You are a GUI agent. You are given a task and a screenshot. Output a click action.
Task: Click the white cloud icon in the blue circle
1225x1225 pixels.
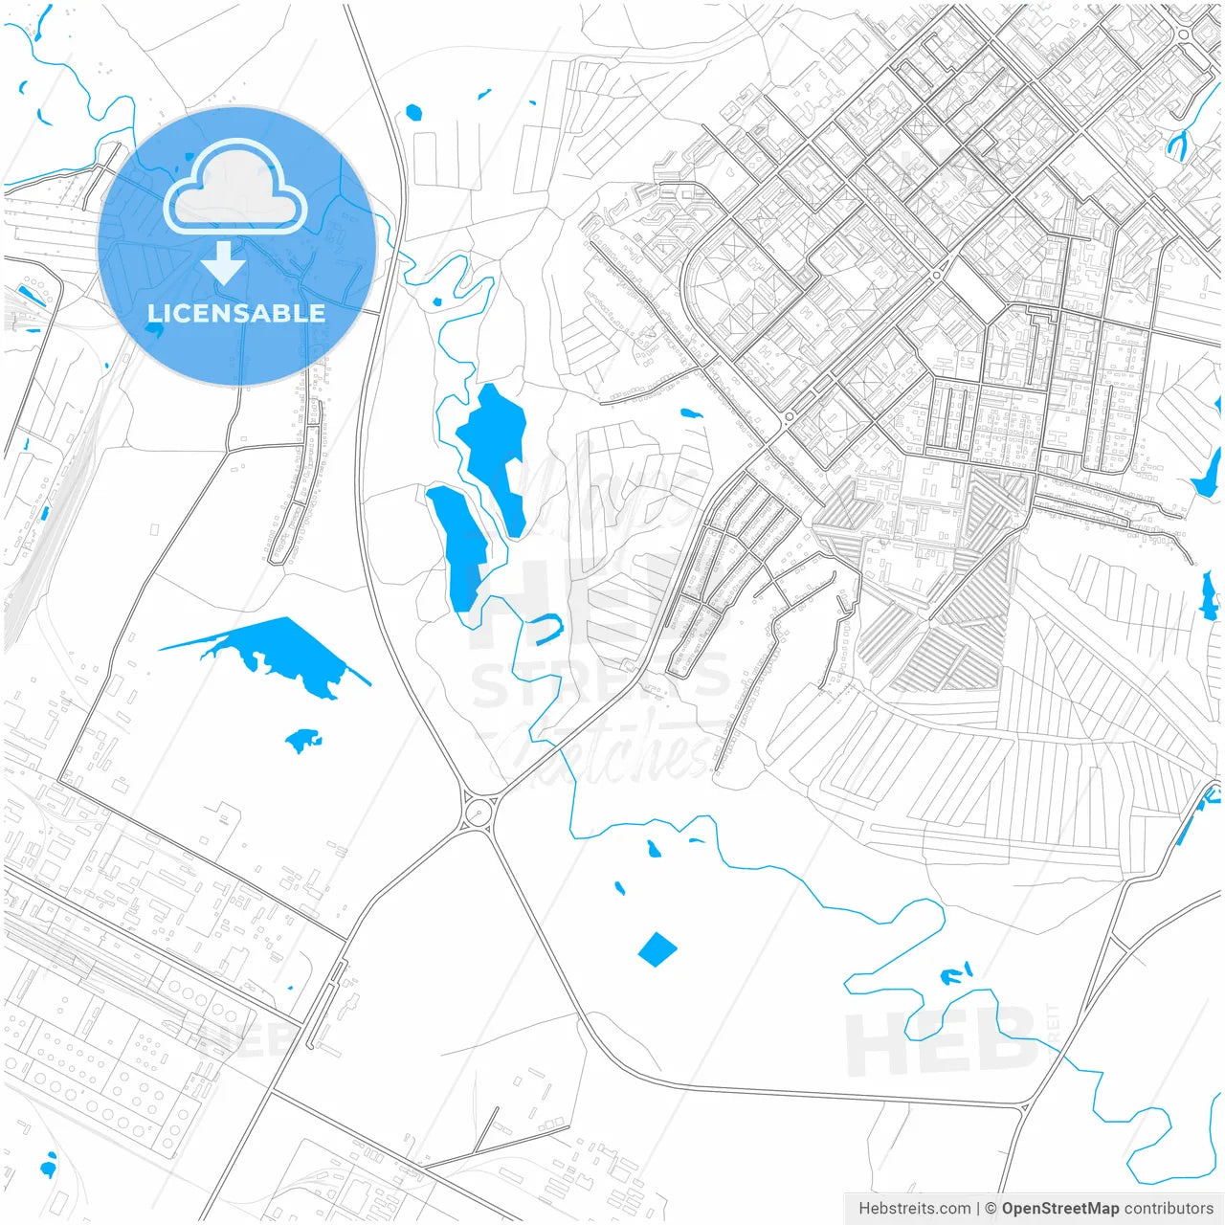pos(234,189)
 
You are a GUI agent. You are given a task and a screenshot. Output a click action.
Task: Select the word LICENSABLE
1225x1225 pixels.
pos(235,314)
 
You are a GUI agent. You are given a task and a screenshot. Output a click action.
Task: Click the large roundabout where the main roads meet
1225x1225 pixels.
pos(477,813)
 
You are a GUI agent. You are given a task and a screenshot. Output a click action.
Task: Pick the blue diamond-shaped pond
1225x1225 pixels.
pos(657,949)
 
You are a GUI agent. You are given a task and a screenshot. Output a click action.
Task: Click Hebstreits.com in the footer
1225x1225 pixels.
pos(914,1209)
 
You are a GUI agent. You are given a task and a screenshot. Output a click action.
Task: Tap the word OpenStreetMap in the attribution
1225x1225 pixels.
pos(1059,1209)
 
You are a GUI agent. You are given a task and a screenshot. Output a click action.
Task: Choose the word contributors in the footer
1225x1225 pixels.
pos(1168,1209)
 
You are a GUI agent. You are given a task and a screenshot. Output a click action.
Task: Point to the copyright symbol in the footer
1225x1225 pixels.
pos(991,1209)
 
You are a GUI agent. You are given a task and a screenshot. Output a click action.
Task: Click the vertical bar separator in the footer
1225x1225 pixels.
pos(977,1209)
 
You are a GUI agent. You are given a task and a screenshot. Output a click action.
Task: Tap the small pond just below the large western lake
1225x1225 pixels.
pos(303,740)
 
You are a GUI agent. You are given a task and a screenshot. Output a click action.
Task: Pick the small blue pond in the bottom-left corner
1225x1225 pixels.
pos(48,1167)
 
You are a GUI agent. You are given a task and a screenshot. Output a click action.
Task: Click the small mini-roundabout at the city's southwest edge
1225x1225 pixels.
pos(790,417)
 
